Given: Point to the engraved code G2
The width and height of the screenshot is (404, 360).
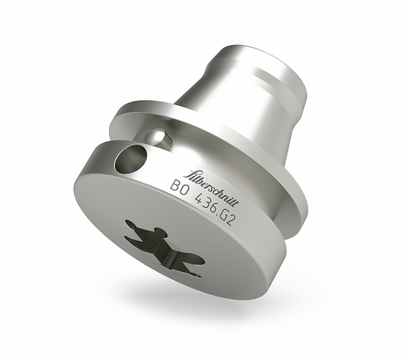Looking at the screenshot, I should tap(228, 218).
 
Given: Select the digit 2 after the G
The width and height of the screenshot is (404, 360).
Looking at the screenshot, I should tap(231, 221).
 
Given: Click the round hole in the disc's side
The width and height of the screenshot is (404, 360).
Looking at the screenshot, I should tap(129, 159).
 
